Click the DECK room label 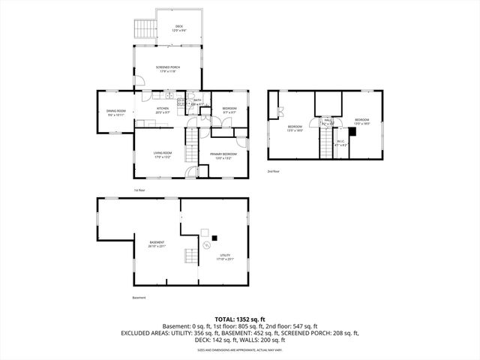click(x=178, y=28)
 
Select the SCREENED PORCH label click(x=167, y=68)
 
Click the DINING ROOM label click(x=115, y=112)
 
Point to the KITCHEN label click(x=163, y=109)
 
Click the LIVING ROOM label click(x=163, y=154)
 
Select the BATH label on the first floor click(x=197, y=101)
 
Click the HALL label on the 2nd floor click(x=328, y=121)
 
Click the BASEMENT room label click(x=157, y=243)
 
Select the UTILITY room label click(x=225, y=256)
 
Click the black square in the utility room click(x=215, y=238)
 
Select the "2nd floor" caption click(x=274, y=172)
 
